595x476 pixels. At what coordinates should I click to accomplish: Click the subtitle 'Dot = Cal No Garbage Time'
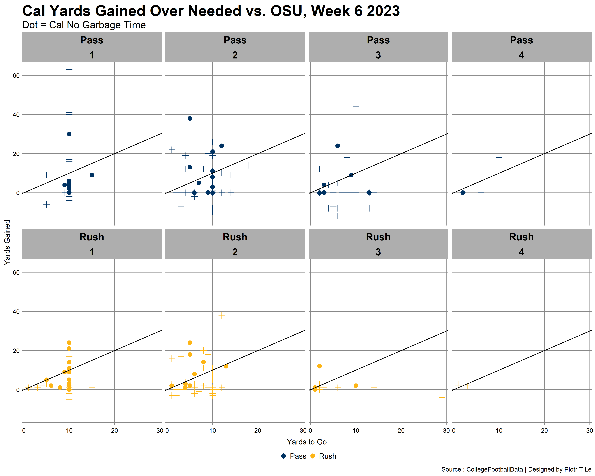[84, 25]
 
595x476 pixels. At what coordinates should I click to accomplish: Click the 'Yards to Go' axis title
[307, 442]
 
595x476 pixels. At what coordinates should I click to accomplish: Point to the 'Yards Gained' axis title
[7, 242]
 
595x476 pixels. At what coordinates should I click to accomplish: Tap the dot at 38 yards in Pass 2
[190, 118]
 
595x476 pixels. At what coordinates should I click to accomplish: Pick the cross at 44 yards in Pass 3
[356, 107]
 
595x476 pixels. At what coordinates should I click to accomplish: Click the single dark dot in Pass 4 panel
[462, 193]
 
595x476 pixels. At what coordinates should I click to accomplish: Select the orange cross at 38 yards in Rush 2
[221, 315]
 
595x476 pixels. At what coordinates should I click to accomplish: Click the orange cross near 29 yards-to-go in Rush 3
[442, 397]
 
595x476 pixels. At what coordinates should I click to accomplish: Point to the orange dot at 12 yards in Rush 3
[319, 366]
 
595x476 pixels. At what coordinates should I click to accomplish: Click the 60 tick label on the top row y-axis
[16, 76]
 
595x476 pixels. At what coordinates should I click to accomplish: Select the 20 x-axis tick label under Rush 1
[114, 430]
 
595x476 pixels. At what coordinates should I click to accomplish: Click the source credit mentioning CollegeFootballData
[516, 469]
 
